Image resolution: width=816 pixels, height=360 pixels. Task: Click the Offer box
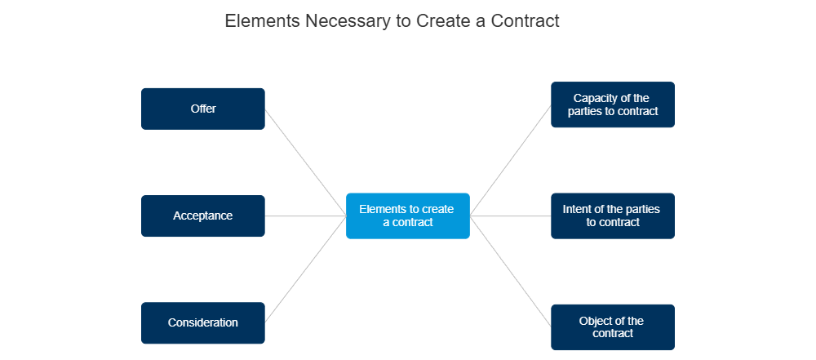tap(203, 109)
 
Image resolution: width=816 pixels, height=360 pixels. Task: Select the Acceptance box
tap(203, 216)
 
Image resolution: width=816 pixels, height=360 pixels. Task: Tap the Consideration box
tap(203, 323)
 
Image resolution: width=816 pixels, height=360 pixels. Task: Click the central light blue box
tap(407, 216)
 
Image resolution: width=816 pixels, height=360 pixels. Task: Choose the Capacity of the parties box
tap(612, 104)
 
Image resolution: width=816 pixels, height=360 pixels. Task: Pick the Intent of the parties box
tap(612, 216)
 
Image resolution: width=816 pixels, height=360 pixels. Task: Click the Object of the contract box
tap(612, 327)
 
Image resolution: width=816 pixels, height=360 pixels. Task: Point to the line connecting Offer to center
tap(305, 162)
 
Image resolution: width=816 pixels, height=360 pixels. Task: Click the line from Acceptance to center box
tap(305, 216)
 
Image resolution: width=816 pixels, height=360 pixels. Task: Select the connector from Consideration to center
tap(305, 270)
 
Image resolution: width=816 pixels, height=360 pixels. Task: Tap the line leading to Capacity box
tap(511, 160)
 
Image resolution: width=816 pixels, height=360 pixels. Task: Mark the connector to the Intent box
tap(511, 216)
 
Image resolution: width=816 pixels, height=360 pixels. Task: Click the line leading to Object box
tap(511, 272)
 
